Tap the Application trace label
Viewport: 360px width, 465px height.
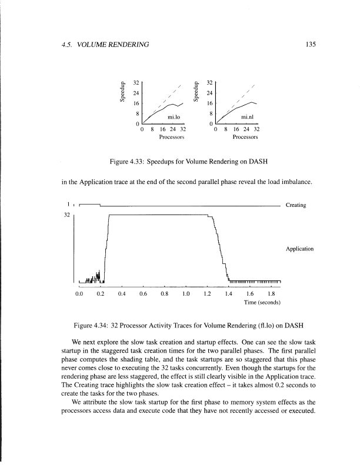tap(299, 249)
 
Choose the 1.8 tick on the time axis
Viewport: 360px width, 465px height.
tap(271, 293)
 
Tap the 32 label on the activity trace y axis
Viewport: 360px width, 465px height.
tap(66, 216)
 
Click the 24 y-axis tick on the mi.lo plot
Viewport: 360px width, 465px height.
tap(136, 93)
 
